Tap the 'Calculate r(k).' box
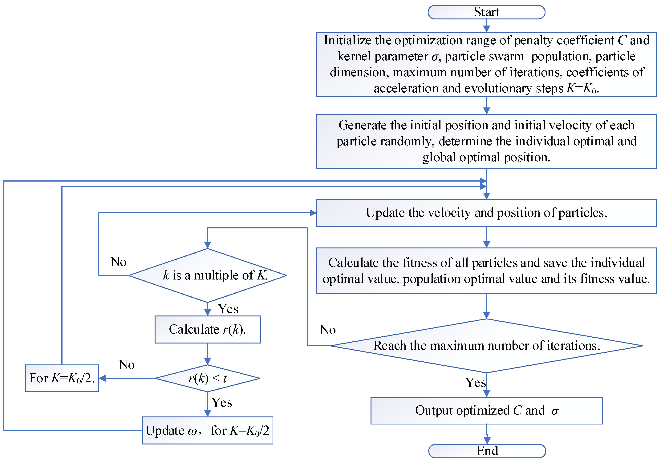[207, 329]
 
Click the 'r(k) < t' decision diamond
[207, 378]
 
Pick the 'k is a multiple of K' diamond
[207, 275]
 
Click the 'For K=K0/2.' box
[62, 378]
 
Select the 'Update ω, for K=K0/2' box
[207, 430]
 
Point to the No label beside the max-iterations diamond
[328, 330]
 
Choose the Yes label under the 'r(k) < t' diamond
[222, 402]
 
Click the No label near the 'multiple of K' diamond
[118, 262]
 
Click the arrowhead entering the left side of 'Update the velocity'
[313, 213]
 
